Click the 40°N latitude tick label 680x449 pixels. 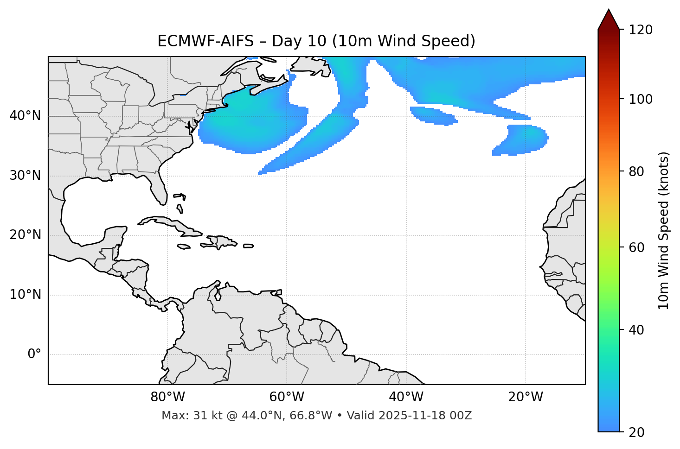tap(25, 116)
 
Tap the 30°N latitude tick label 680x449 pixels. tap(25, 176)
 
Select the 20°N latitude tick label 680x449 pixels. tap(25, 235)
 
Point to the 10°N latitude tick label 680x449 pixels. tap(25, 295)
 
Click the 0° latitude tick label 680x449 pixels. tap(34, 354)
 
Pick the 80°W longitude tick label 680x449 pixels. tap(167, 397)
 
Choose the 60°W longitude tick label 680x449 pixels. tap(287, 397)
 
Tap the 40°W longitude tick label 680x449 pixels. tap(406, 397)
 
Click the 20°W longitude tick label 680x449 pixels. tap(526, 397)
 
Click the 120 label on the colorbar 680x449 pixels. tap(641, 30)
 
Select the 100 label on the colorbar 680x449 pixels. tap(641, 100)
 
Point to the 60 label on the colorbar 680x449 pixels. tap(637, 247)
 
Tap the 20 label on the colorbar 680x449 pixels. tap(637, 432)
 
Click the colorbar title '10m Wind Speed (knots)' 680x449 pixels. tap(664, 230)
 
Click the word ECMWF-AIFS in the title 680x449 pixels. tap(205, 41)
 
